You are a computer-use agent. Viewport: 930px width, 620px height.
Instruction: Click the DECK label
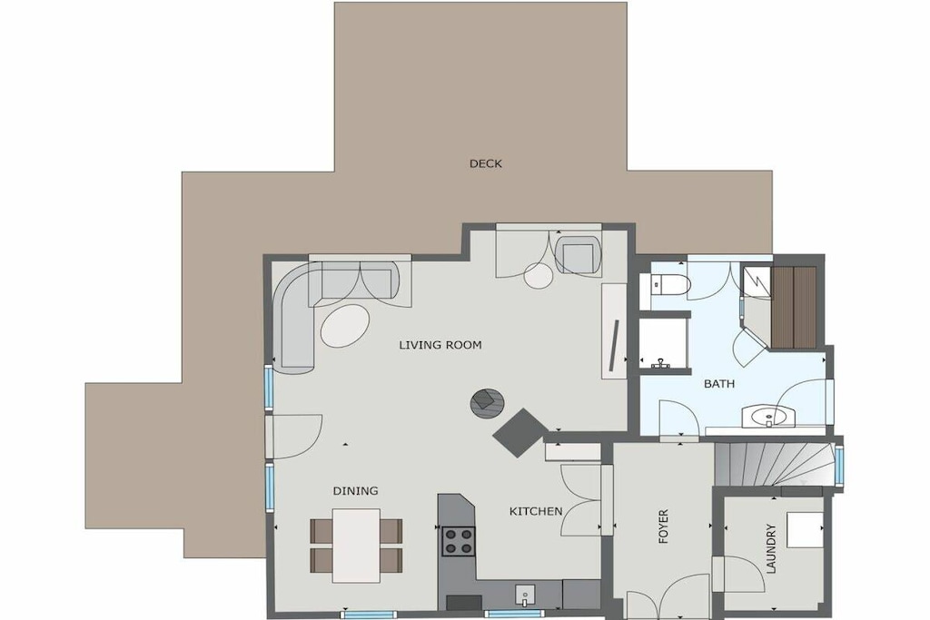click(x=485, y=163)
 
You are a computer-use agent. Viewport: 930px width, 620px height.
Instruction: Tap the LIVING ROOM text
click(x=440, y=345)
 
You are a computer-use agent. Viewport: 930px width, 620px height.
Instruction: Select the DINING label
click(x=355, y=491)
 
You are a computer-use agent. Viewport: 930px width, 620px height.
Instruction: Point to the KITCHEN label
click(x=536, y=511)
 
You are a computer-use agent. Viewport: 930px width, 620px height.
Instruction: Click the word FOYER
click(x=663, y=526)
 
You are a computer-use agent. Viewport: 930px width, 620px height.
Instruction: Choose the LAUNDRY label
click(x=771, y=548)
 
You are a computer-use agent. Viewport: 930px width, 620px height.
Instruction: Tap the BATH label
click(x=719, y=384)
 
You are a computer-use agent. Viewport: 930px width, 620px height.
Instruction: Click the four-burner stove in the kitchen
click(x=459, y=541)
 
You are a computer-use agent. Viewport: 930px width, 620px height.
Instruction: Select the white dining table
click(x=356, y=546)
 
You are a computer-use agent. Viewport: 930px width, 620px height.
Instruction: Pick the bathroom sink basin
click(x=768, y=418)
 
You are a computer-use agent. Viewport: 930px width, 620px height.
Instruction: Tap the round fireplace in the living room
click(x=488, y=404)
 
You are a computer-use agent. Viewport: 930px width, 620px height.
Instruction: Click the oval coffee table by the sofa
click(x=344, y=325)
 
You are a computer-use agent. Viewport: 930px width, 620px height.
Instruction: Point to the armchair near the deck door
click(x=579, y=254)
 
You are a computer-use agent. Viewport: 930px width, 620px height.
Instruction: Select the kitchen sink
click(x=525, y=595)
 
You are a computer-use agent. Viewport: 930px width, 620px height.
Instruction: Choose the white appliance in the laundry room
click(x=805, y=530)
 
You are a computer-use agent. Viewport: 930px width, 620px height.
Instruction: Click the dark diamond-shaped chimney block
click(x=520, y=433)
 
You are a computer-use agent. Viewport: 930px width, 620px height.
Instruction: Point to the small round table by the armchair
click(x=539, y=276)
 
